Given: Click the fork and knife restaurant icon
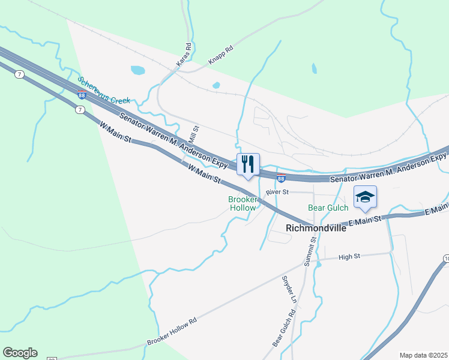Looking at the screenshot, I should pos(248,164).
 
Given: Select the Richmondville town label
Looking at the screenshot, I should pos(316,228).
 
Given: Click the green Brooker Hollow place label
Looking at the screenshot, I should pos(243,203).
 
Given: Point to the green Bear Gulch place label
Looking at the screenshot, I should pos(328,208).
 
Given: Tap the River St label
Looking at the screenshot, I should pos(278,192).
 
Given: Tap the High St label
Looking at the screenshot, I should pos(349,256).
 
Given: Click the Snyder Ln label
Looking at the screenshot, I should pos(289,289).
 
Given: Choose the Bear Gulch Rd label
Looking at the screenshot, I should pos(285,328).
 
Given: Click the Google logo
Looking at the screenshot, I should pos(20,353).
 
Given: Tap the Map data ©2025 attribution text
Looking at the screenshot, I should pos(424,355).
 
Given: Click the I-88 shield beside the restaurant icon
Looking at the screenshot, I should pos(281,178).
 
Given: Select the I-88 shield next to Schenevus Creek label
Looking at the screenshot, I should pos(81,94).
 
